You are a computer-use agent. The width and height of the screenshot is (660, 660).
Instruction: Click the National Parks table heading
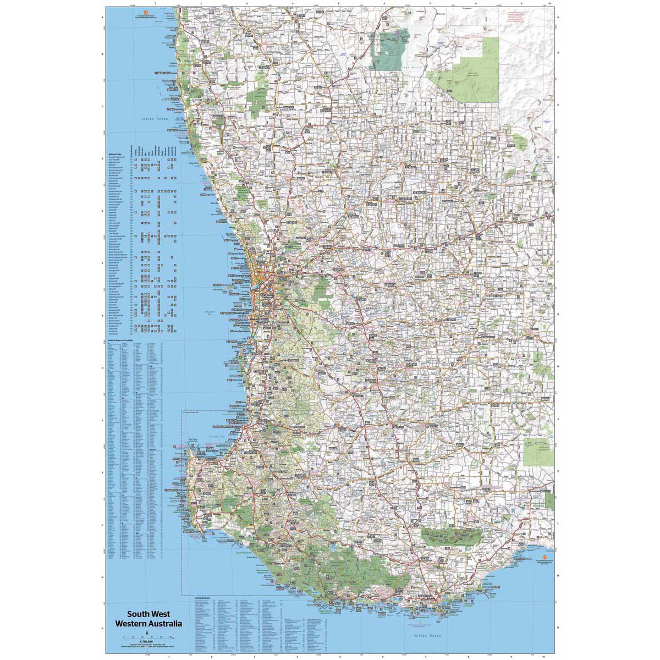[x=115, y=154]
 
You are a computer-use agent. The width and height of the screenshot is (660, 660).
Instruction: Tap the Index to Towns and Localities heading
[x=122, y=341]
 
